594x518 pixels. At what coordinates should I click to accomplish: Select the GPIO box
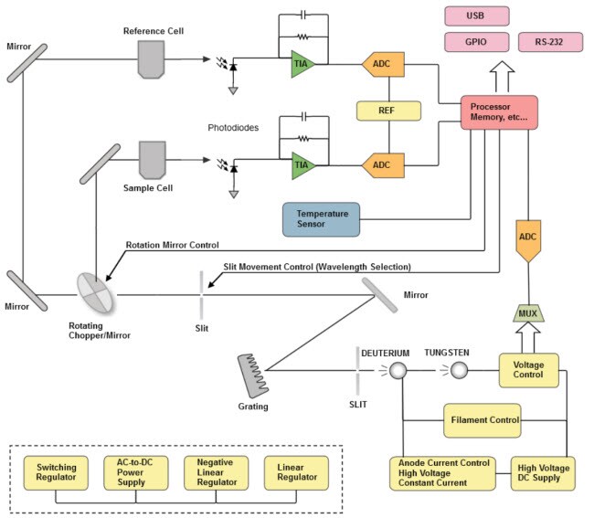click(x=475, y=43)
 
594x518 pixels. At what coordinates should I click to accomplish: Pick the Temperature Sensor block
click(x=321, y=219)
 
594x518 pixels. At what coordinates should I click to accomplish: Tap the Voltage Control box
click(x=527, y=370)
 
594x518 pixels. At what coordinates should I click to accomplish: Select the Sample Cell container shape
click(x=151, y=159)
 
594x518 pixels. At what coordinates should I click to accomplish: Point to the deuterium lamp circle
click(x=397, y=370)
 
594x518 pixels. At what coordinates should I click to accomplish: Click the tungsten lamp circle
click(x=461, y=370)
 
